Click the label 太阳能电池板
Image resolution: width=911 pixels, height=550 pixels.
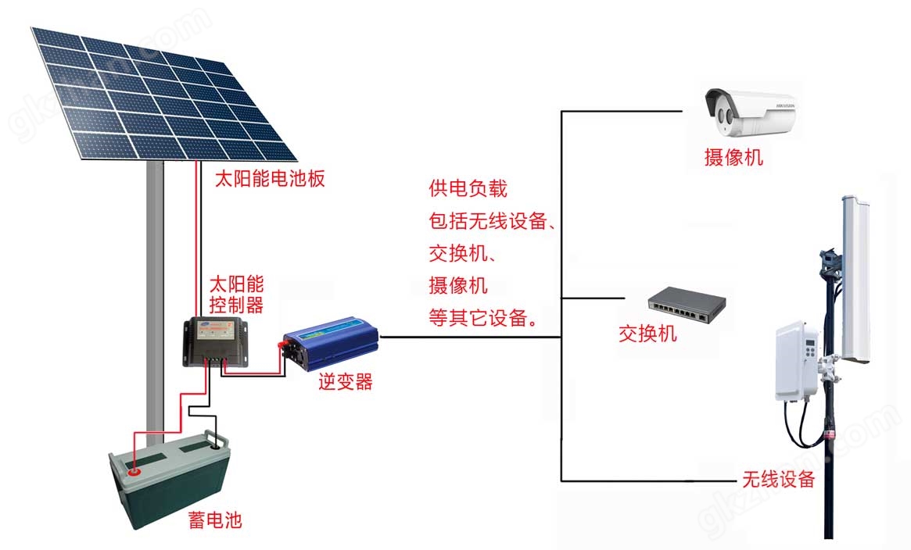pos(270,179)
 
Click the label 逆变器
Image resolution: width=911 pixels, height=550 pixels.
pos(345,382)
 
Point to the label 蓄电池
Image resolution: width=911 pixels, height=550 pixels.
pos(215,520)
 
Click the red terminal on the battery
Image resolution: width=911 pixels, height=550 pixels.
pos(134,471)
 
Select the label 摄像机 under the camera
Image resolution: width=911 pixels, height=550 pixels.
pos(733,159)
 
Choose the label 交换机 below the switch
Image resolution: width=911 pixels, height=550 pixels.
pos(647,334)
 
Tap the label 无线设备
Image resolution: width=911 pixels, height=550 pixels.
pos(778,478)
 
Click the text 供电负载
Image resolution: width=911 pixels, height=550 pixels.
pos(468,188)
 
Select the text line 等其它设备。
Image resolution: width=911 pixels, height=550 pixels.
pos(482,316)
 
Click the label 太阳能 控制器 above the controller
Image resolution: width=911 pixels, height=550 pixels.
pos(237,293)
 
